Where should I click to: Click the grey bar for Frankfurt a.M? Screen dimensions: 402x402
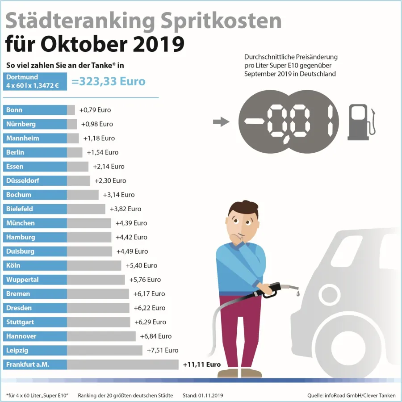click(122, 364)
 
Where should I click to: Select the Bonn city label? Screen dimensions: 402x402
click(35, 110)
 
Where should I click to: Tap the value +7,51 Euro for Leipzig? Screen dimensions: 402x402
click(162, 350)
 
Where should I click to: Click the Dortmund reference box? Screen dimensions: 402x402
click(35, 81)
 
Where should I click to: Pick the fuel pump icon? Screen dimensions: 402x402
click(361, 122)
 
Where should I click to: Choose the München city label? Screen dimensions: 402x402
click(35, 223)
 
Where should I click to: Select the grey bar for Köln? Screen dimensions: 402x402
click(94, 265)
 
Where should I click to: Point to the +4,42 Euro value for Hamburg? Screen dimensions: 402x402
click(131, 237)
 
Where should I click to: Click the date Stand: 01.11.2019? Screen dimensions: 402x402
click(203, 395)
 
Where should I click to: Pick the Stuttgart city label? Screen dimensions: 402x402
click(35, 322)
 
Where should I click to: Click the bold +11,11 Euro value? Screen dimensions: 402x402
click(202, 364)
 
